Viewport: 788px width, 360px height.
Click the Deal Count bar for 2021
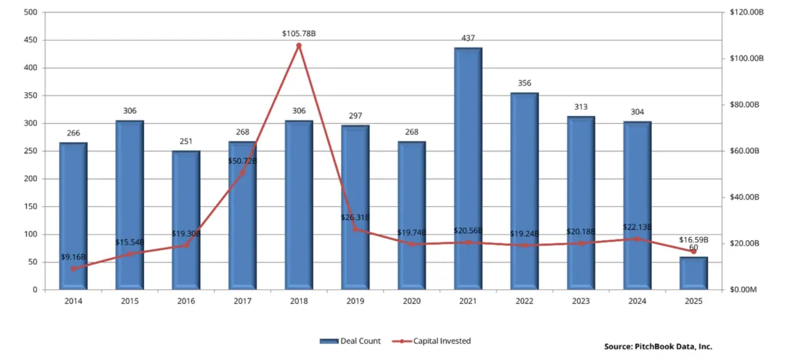click(468, 169)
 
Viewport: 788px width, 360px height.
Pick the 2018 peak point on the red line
click(299, 45)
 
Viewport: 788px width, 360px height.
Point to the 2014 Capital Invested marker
click(73, 268)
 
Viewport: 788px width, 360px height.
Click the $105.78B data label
click(299, 33)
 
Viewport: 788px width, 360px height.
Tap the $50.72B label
click(242, 161)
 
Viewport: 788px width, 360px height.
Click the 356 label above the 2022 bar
click(524, 82)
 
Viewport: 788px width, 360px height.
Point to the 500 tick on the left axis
click(30, 12)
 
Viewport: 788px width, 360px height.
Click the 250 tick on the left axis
click(30, 151)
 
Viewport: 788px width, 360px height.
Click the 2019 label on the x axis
click(355, 302)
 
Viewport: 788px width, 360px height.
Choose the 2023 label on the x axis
click(580, 302)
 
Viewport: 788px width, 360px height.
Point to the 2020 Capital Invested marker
click(412, 244)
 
